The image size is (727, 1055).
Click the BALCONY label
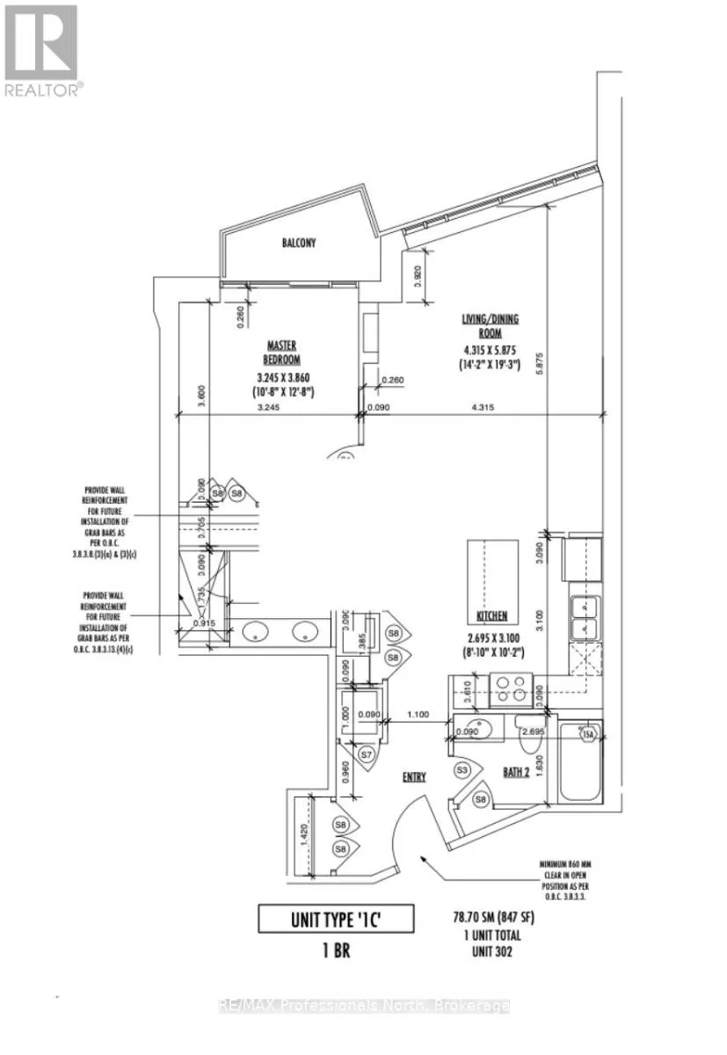(x=299, y=243)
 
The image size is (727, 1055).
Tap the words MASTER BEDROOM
(x=284, y=353)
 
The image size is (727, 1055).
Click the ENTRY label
(x=414, y=776)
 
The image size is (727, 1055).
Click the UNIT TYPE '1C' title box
(x=336, y=920)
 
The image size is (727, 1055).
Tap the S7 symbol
(x=369, y=754)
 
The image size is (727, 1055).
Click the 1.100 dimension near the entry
(x=418, y=716)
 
